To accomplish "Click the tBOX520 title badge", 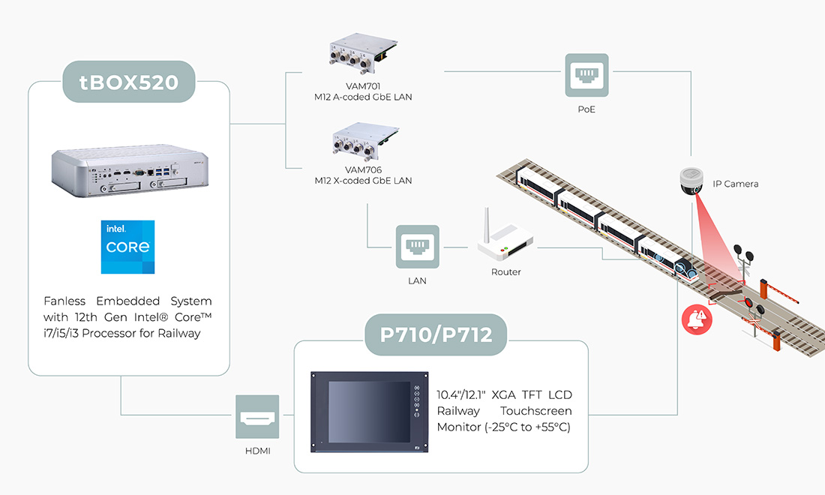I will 128,81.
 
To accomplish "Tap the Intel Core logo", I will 128,247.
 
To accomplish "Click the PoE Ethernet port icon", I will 586,74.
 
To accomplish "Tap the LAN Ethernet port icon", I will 418,246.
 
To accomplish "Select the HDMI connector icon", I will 257,417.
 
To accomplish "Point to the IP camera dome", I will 690,180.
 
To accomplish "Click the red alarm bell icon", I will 697,319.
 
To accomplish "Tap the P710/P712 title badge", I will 436,334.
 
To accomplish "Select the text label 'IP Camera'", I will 736,184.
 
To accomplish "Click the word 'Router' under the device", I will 506,271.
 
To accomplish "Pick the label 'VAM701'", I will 363,86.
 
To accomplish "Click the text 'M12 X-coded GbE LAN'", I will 363,181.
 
